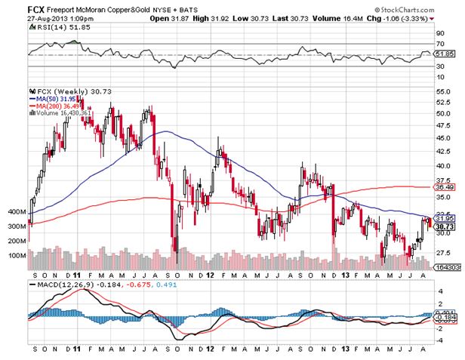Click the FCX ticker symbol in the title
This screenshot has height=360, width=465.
(36, 10)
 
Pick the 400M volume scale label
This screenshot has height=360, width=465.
(16, 212)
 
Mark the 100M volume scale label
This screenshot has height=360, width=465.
(16, 255)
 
